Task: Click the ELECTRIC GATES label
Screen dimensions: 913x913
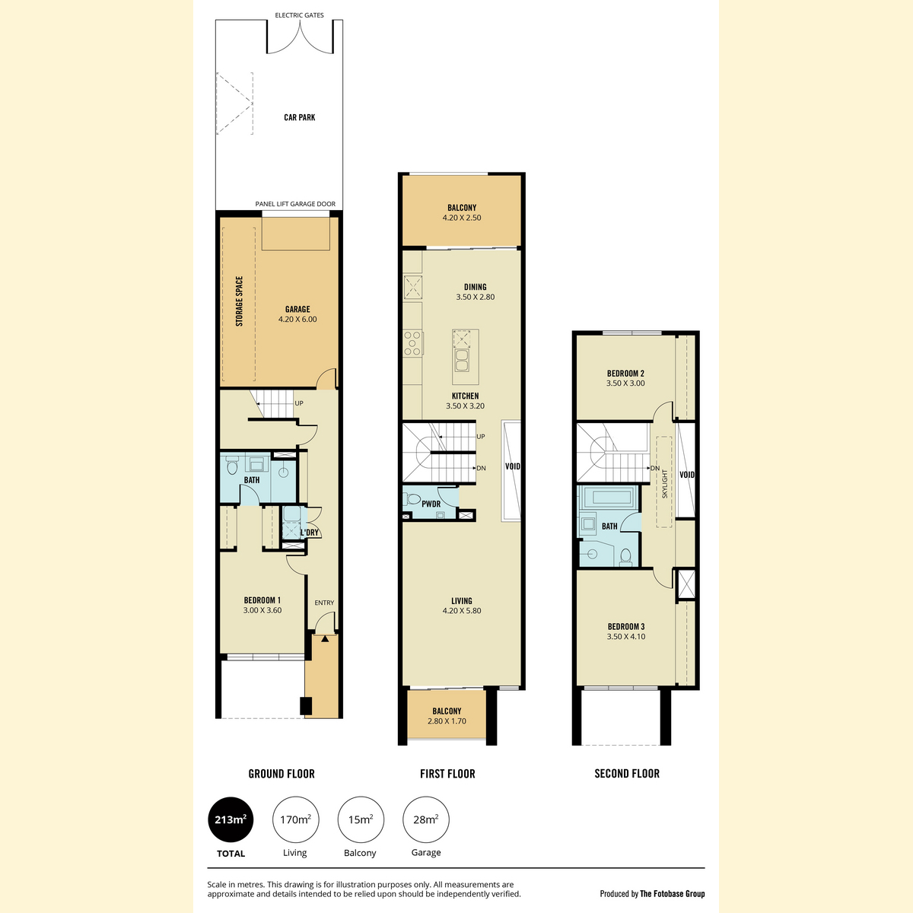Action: [x=300, y=15]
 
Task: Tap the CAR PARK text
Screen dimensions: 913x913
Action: [x=300, y=117]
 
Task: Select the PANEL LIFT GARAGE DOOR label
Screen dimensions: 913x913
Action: [x=295, y=204]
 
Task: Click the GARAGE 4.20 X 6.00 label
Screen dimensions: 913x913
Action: [x=297, y=314]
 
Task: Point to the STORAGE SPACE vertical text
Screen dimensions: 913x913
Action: [x=239, y=301]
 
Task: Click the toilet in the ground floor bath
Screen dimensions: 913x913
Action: [x=232, y=466]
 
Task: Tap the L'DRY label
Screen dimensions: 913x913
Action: [x=310, y=533]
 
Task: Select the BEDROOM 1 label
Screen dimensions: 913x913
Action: [x=262, y=605]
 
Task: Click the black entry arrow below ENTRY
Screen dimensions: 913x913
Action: [x=325, y=638]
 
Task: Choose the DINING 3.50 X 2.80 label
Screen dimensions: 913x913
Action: [x=476, y=292]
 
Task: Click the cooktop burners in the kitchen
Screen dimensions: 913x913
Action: [x=412, y=343]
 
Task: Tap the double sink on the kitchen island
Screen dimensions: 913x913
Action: [x=462, y=361]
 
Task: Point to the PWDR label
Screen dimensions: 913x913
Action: [x=431, y=504]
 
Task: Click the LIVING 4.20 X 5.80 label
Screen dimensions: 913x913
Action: [x=462, y=606]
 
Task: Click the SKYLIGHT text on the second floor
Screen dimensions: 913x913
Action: [x=664, y=484]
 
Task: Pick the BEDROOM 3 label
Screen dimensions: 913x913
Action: [x=626, y=631]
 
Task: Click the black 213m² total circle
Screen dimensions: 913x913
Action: [x=231, y=819]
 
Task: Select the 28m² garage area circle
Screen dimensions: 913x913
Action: [x=426, y=819]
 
